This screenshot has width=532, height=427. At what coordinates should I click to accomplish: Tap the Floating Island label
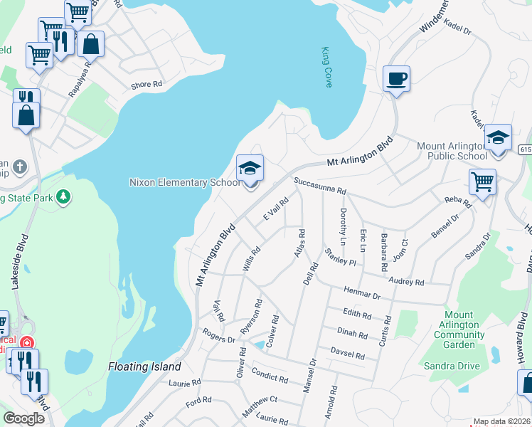tap(145, 367)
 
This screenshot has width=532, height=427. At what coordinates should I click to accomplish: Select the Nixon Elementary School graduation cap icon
tap(250, 169)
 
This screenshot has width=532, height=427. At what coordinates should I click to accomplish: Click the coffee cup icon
tap(396, 78)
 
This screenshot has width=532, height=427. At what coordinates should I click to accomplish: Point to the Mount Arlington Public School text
tap(452, 151)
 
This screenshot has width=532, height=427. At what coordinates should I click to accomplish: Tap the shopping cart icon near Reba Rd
tap(482, 181)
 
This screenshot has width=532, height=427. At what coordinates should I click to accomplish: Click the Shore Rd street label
tap(147, 85)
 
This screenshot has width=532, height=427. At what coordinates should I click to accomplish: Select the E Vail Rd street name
tap(275, 209)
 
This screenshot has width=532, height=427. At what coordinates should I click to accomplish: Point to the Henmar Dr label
tap(363, 292)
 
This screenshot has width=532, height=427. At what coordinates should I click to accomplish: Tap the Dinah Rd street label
tap(352, 334)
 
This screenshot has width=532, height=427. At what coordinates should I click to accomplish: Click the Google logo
tap(23, 418)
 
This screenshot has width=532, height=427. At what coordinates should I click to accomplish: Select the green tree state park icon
tap(63, 196)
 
